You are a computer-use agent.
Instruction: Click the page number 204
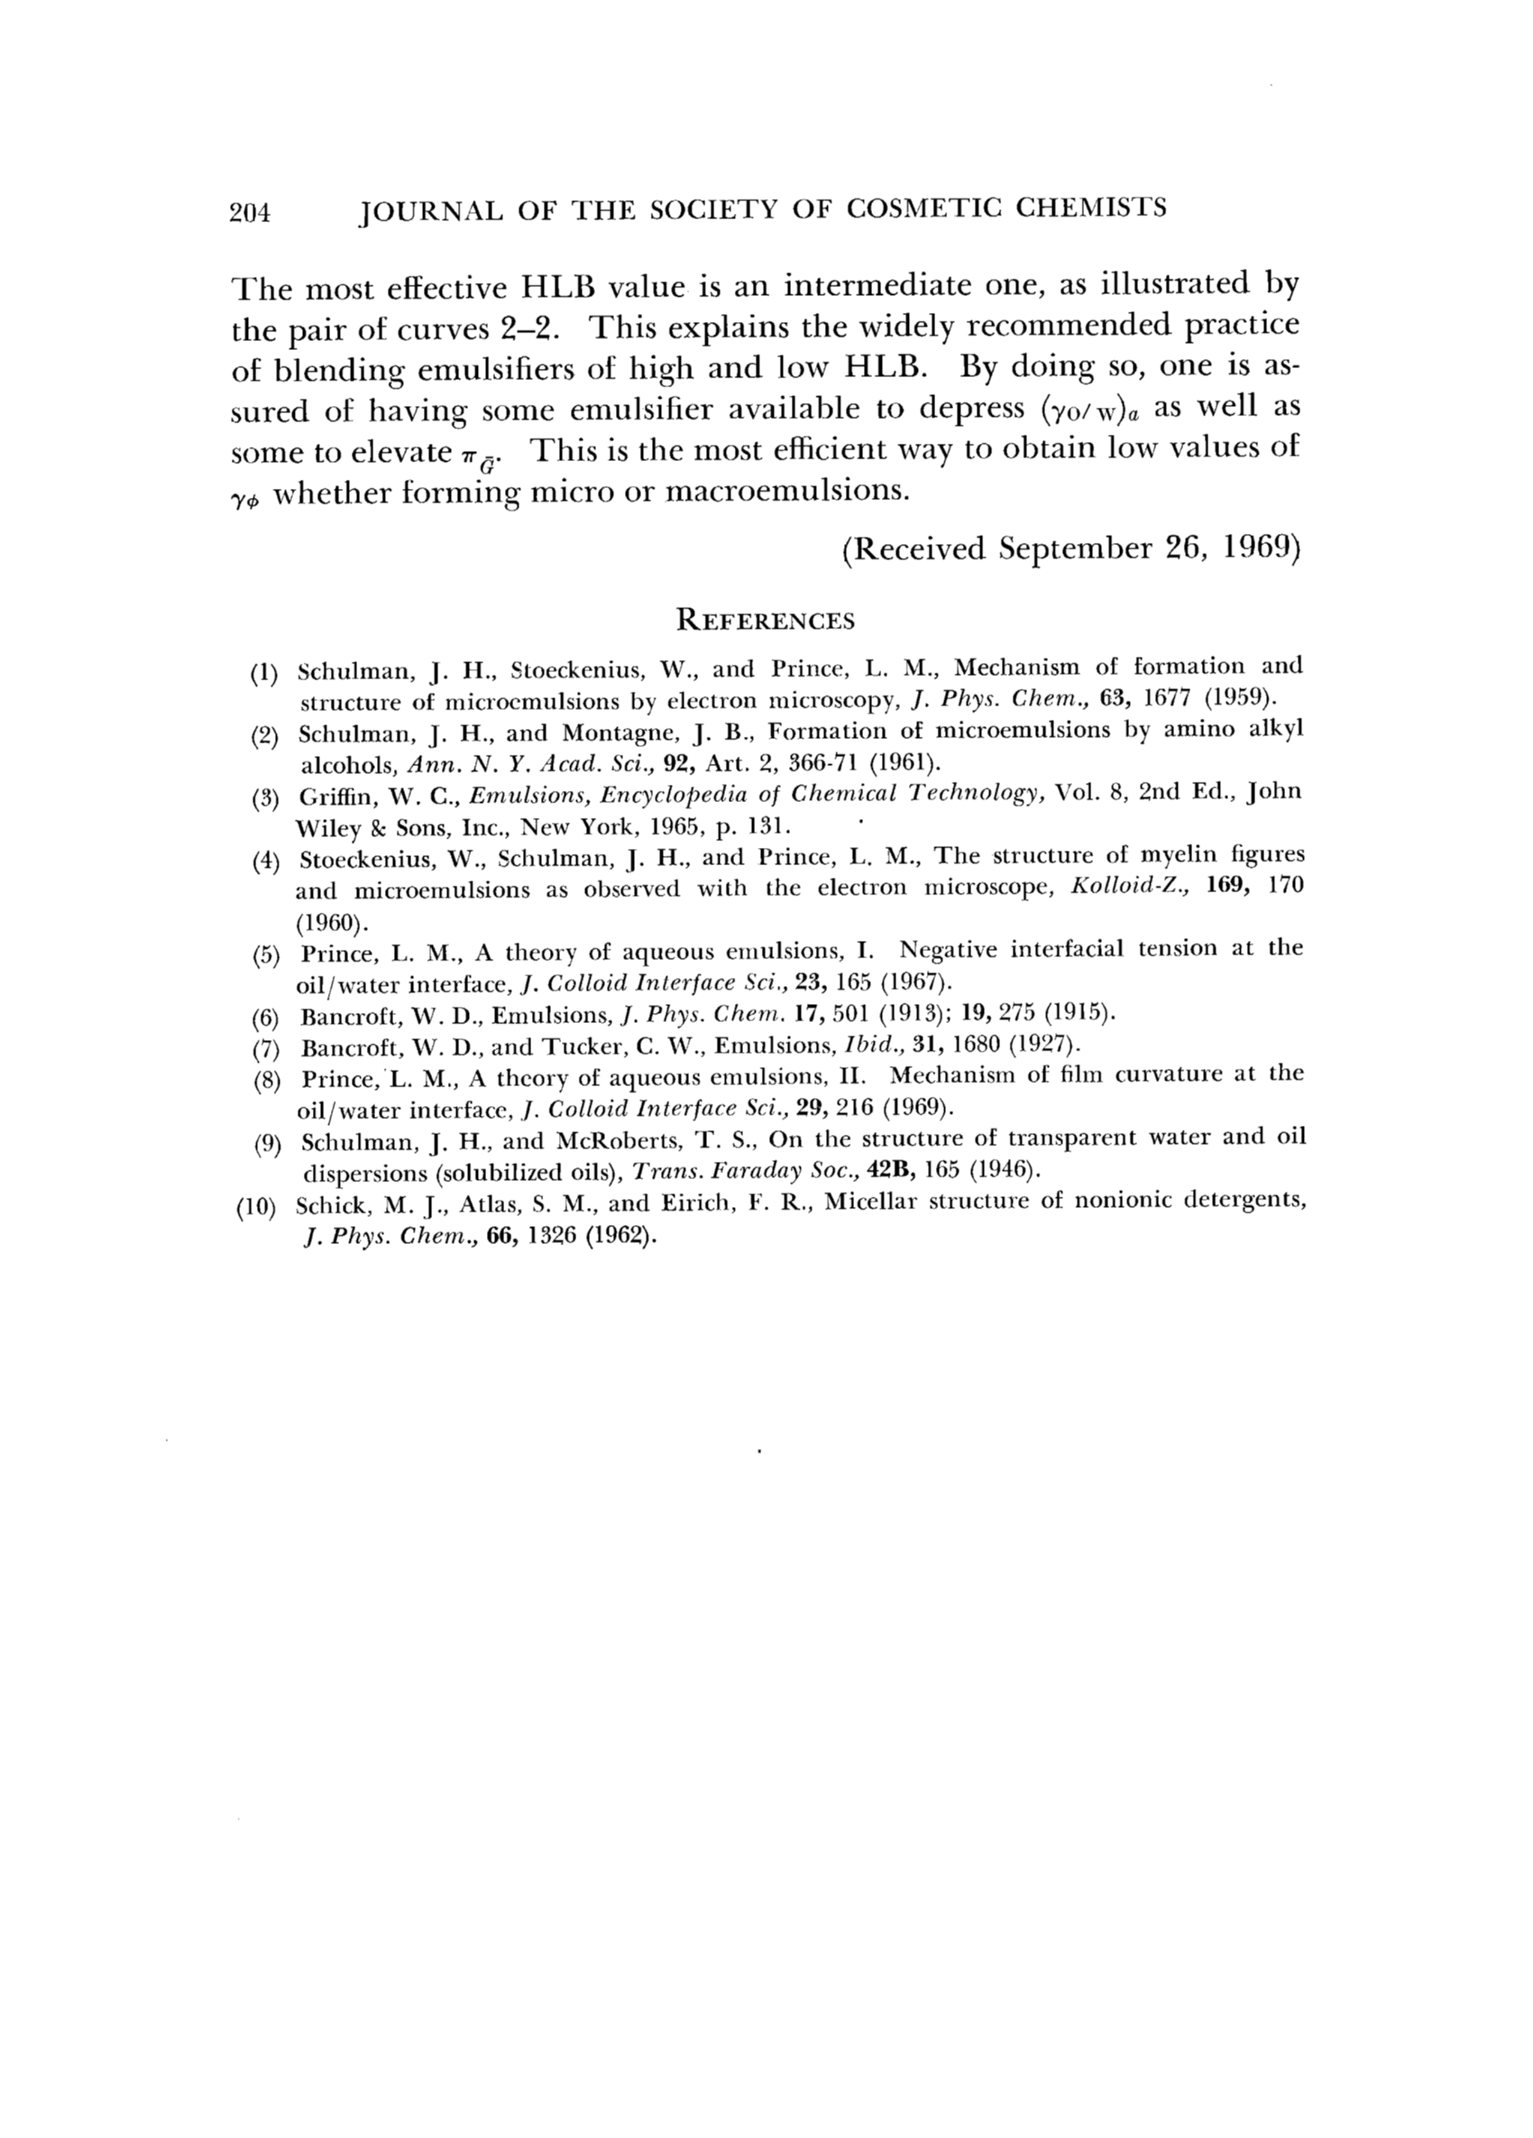pyautogui.click(x=249, y=211)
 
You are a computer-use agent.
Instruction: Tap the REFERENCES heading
pyautogui.click(x=765, y=621)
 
